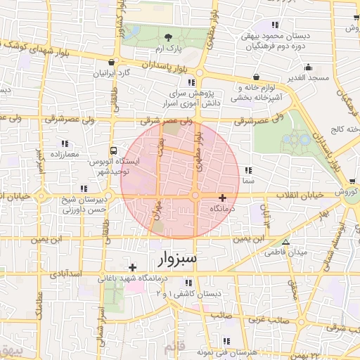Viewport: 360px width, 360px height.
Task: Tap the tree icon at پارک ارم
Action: (168, 37)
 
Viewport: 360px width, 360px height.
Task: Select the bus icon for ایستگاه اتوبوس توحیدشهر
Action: (113, 150)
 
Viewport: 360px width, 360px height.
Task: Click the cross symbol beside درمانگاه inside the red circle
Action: (223, 198)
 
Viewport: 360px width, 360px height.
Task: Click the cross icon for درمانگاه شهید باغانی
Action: (132, 267)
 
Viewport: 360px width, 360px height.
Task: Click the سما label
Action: (247, 181)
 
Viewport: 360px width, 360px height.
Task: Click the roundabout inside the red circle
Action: (195, 196)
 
